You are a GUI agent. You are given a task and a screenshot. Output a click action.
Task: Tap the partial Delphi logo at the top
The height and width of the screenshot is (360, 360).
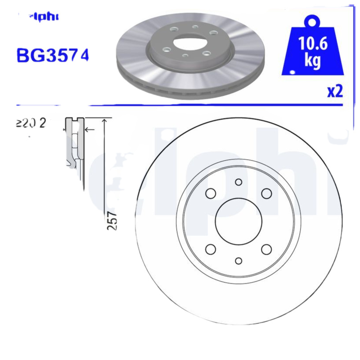pyautogui.click(x=43, y=17)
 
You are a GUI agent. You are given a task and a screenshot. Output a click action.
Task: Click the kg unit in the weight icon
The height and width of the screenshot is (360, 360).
pyautogui.click(x=312, y=61)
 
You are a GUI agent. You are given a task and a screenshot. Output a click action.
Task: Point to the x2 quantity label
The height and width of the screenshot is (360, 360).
pyautogui.click(x=335, y=91)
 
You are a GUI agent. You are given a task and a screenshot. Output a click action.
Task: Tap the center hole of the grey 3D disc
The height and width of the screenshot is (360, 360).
pyautogui.click(x=189, y=44)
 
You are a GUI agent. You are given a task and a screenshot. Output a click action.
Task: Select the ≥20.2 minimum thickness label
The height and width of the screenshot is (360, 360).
pyautogui.click(x=31, y=123)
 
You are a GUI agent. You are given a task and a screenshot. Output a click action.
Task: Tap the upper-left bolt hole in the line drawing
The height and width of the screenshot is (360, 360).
pyautogui.click(x=211, y=193)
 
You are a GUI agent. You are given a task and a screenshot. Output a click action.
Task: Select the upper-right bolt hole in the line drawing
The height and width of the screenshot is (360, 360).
pyautogui.click(x=267, y=193)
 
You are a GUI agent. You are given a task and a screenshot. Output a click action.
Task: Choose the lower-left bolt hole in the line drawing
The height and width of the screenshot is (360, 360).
pyautogui.click(x=211, y=249)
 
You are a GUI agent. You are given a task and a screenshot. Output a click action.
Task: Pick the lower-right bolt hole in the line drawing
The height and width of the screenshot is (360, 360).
pyautogui.click(x=267, y=249)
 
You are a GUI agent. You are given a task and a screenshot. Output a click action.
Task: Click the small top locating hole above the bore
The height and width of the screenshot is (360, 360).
pyautogui.click(x=238, y=182)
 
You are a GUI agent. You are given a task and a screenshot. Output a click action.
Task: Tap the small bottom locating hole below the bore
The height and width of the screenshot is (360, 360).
pyautogui.click(x=238, y=261)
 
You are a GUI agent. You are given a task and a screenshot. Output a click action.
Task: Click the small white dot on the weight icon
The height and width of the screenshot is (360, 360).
pyautogui.click(x=292, y=72)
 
